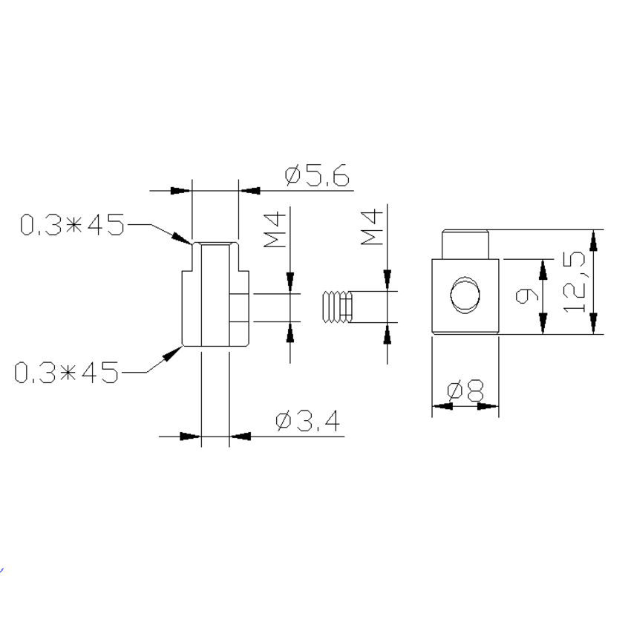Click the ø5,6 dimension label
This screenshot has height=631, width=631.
pyautogui.click(x=316, y=177)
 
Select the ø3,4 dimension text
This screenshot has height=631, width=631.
pyautogui.click(x=307, y=422)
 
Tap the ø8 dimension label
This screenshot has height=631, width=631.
pyautogui.click(x=465, y=390)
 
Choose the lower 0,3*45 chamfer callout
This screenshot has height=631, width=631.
pyautogui.click(x=68, y=372)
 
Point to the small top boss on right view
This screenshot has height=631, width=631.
pyautogui.click(x=465, y=243)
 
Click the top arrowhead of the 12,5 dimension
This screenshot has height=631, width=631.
pyautogui.click(x=592, y=239)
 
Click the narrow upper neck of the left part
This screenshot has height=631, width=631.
pyautogui.click(x=215, y=256)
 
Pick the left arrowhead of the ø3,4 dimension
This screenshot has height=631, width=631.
pyautogui.click(x=192, y=437)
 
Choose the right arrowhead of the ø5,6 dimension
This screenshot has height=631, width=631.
pyautogui.click(x=249, y=191)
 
